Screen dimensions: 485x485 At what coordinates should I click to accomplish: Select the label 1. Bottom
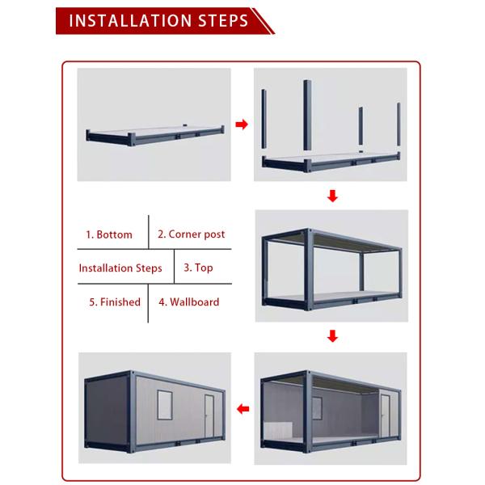(109, 234)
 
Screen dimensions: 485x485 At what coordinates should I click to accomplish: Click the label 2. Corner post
(191, 234)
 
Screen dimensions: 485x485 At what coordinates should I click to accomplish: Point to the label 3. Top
(198, 268)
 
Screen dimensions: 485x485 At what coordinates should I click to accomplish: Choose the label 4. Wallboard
(188, 302)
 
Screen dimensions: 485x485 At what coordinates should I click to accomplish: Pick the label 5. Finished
(115, 302)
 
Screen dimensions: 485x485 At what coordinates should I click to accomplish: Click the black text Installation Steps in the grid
(120, 268)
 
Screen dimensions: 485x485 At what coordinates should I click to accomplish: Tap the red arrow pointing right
(241, 124)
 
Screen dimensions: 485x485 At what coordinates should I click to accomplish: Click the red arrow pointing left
(241, 407)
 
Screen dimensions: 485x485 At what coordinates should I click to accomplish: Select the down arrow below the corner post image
(331, 196)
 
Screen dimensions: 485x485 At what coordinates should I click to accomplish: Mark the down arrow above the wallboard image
(331, 336)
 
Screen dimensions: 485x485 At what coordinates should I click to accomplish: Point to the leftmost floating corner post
(267, 120)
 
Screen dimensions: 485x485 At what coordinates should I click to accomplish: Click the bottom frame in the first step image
(154, 138)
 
